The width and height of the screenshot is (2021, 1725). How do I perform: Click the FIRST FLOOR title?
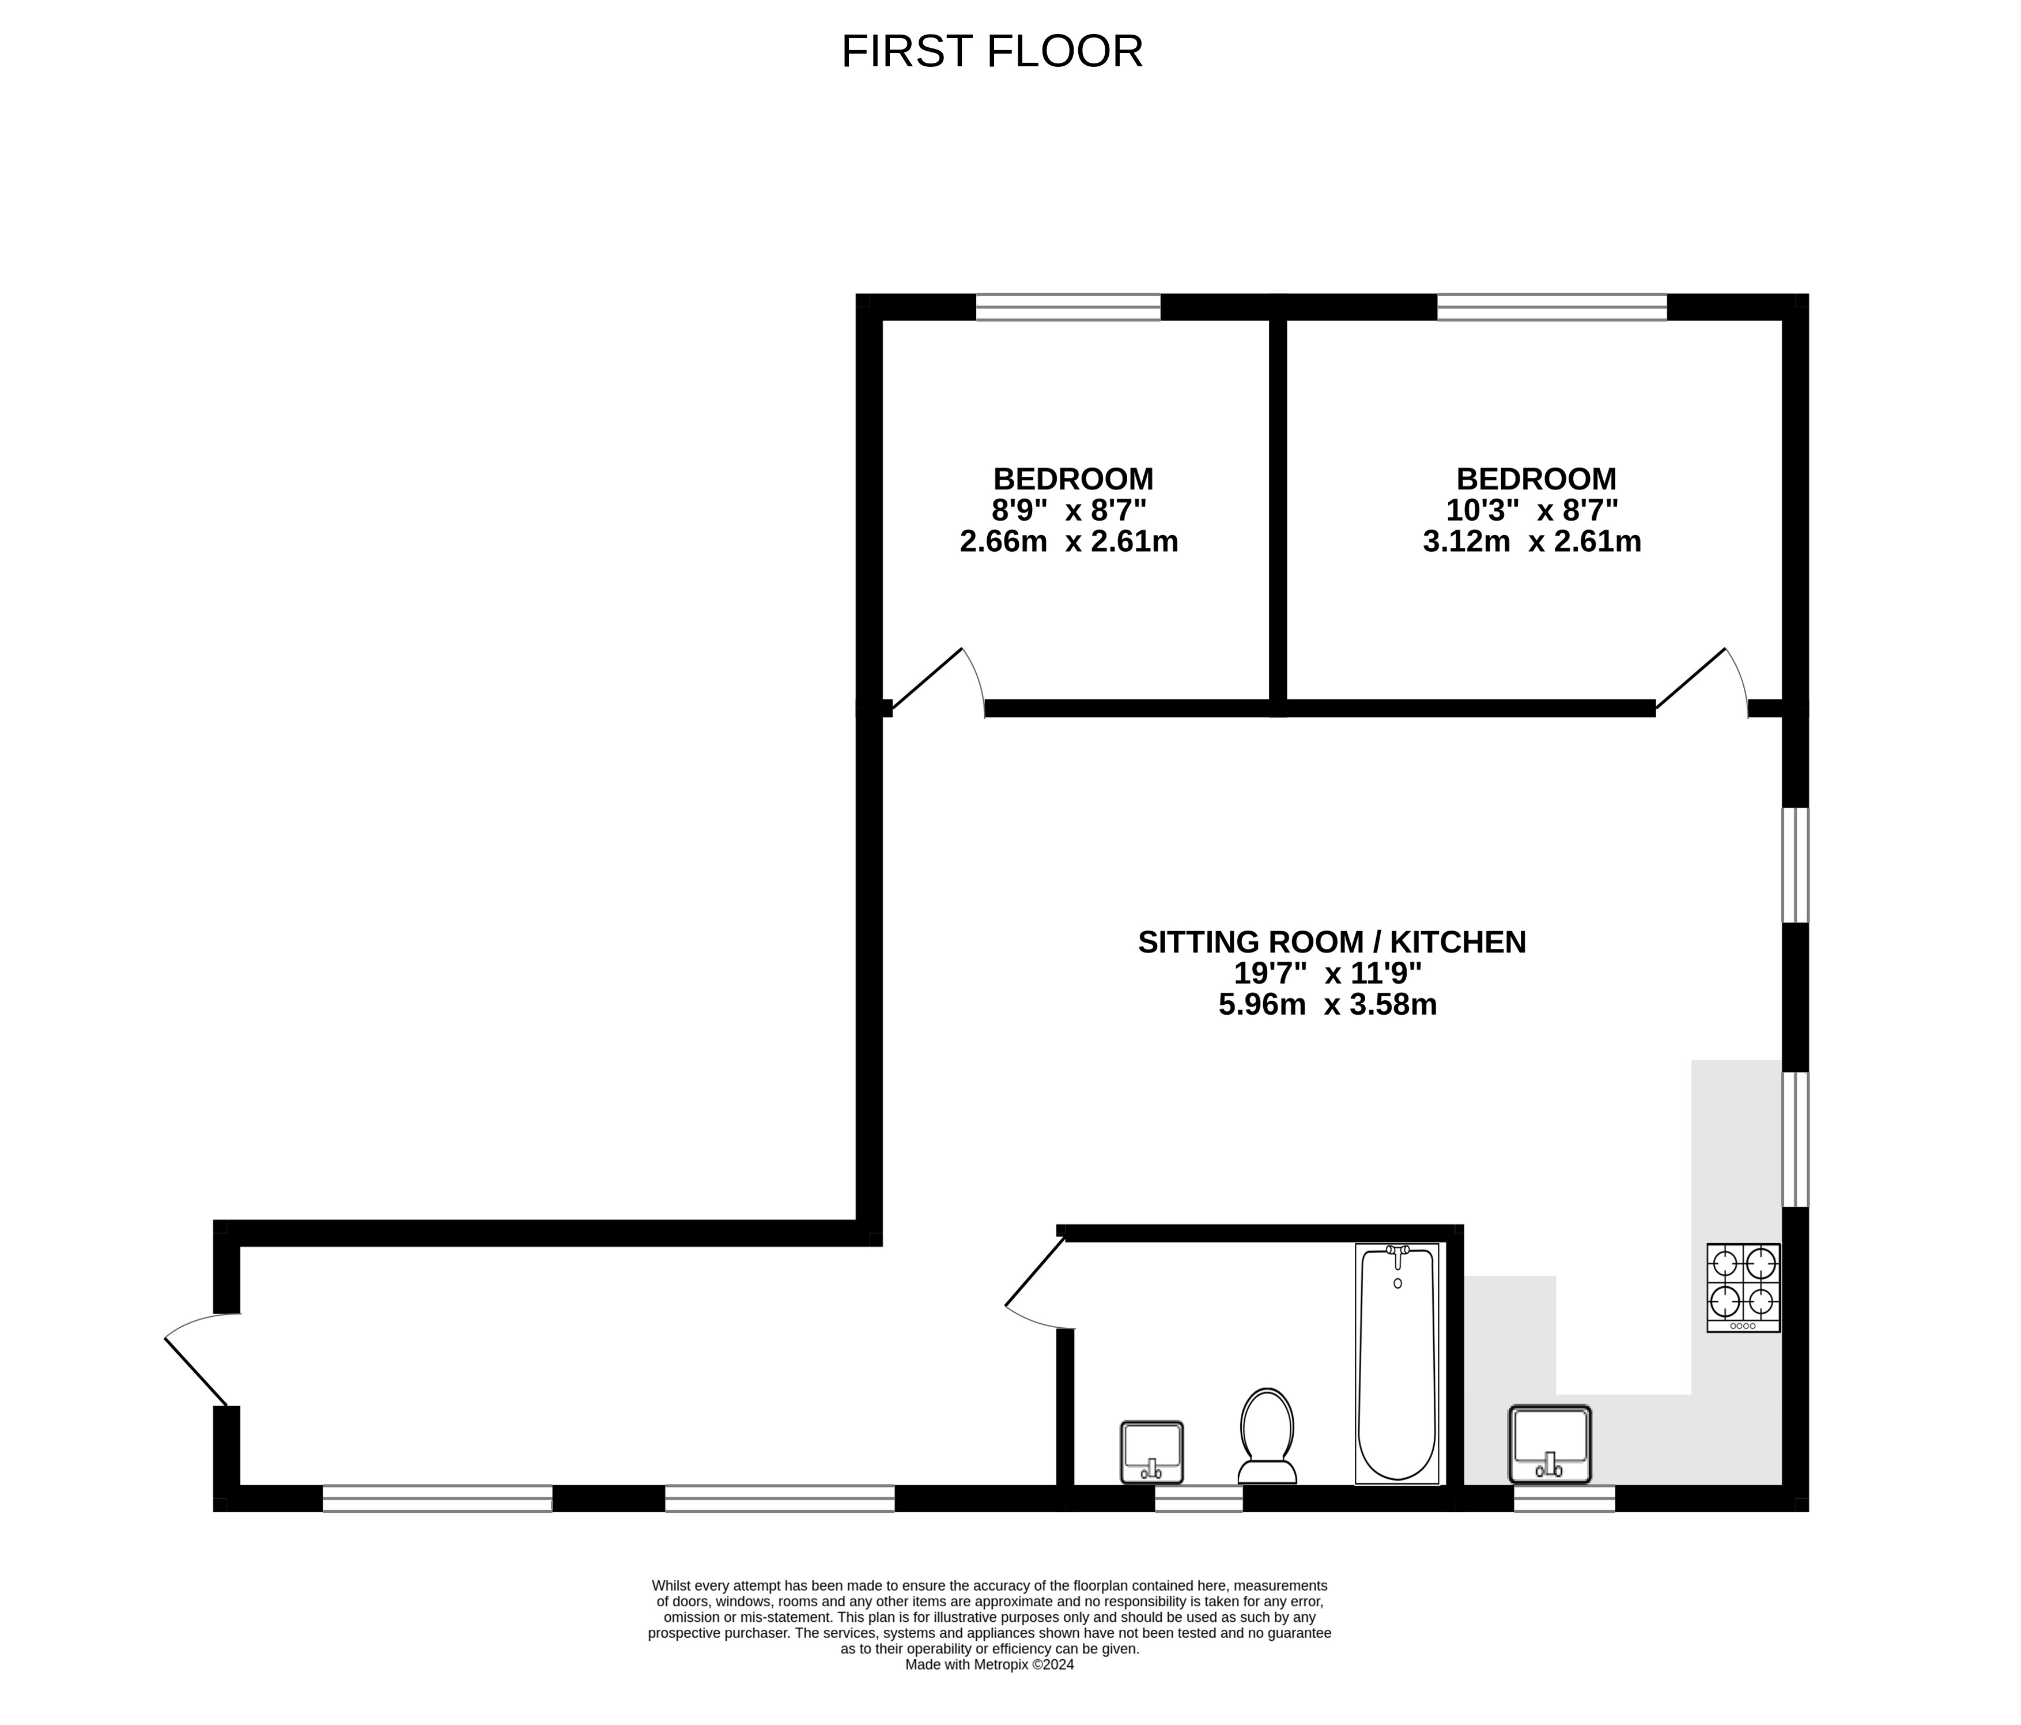[x=992, y=52]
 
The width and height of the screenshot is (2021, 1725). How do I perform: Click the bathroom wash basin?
[x=1152, y=1452]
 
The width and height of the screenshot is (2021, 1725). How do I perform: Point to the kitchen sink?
[x=1550, y=1445]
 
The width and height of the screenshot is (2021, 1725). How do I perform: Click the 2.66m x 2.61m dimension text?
[x=1069, y=541]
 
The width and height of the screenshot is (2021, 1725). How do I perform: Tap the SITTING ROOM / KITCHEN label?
[x=1332, y=943]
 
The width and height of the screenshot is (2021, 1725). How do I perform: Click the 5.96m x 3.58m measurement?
[x=1328, y=1004]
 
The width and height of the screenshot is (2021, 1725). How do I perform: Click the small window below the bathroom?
[x=1199, y=1498]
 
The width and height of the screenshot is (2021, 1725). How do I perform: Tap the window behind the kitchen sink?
[x=1565, y=1498]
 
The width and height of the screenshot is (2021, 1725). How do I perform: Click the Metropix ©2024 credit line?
[x=990, y=1664]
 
